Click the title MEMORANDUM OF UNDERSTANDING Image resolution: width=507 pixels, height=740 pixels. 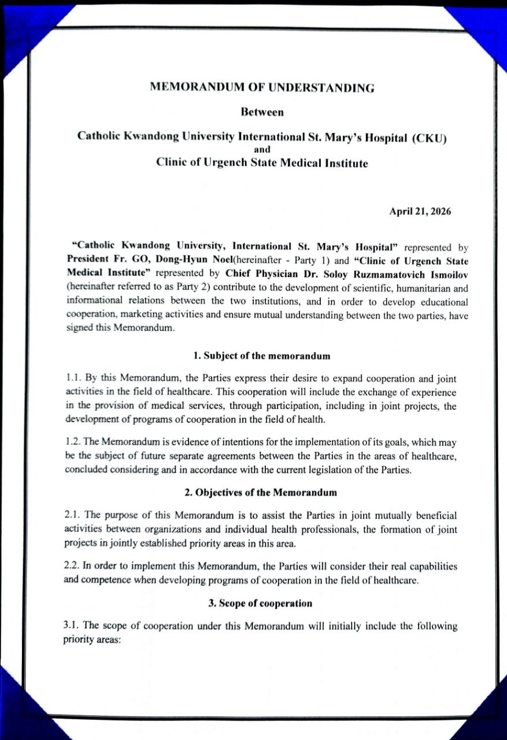pyautogui.click(x=262, y=88)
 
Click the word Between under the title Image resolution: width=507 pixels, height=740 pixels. pyautogui.click(x=262, y=112)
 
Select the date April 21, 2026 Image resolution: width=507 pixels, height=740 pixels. pyautogui.click(x=420, y=211)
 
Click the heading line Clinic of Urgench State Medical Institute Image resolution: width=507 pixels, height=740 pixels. pyautogui.click(x=262, y=163)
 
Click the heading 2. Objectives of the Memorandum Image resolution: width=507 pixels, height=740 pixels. pyautogui.click(x=261, y=493)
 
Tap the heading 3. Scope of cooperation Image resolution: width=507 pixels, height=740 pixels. pyautogui.click(x=260, y=603)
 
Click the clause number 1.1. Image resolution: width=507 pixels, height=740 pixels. pyautogui.click(x=73, y=379)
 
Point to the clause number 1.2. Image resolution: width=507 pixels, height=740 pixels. pyautogui.click(x=73, y=442)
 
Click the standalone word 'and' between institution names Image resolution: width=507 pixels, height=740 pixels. pyautogui.click(x=262, y=150)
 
